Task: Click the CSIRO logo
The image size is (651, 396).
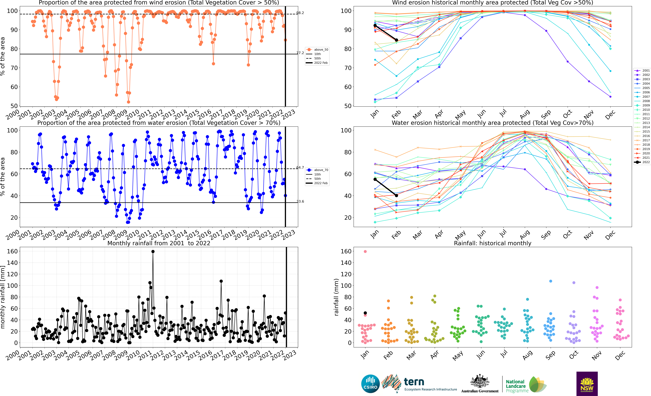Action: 370,384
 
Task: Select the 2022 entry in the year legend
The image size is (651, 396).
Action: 642,162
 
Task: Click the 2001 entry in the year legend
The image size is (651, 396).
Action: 642,70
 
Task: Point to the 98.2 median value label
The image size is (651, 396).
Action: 300,13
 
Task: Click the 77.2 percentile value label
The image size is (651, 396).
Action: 300,53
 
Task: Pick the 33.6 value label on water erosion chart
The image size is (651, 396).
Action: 300,201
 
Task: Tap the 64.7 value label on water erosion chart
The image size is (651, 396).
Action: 300,167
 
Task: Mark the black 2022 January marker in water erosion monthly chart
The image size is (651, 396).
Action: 375,179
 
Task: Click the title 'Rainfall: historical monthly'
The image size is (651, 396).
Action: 493,243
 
